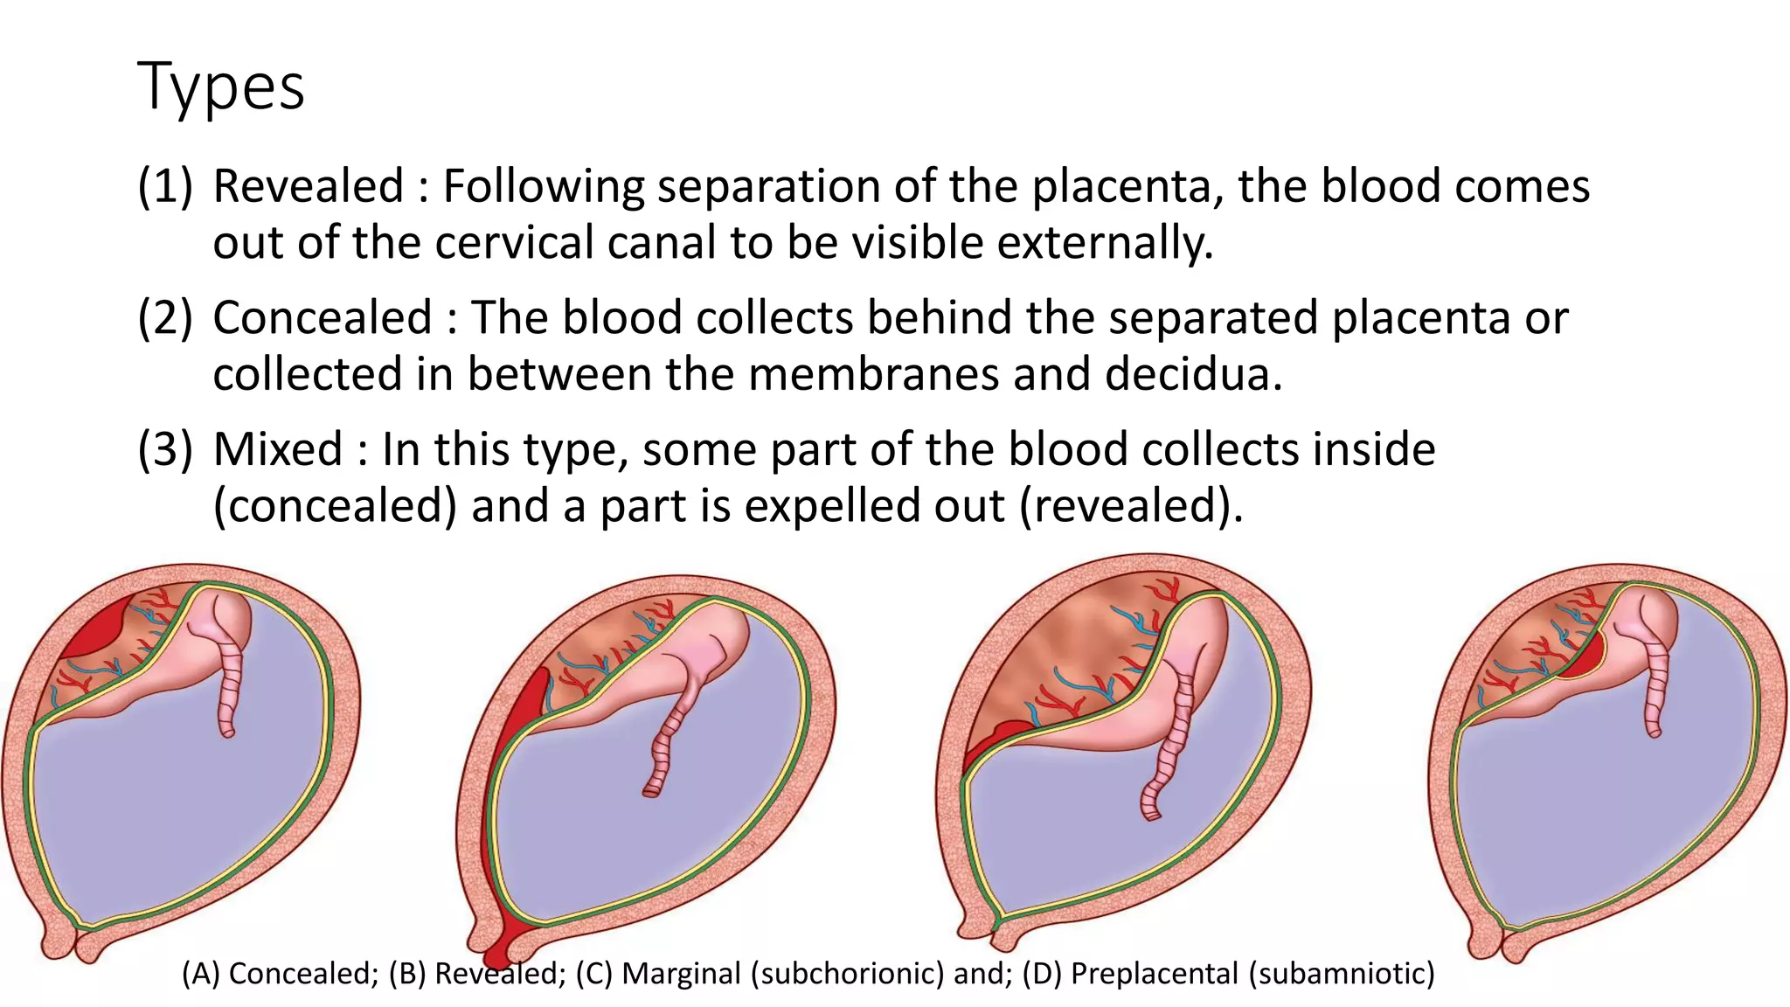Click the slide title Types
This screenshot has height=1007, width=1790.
(221, 87)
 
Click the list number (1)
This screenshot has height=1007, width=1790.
(165, 186)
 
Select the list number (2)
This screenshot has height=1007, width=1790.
(165, 317)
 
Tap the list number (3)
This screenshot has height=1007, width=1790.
(165, 449)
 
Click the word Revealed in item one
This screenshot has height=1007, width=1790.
(309, 186)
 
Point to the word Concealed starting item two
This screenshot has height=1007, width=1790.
(323, 317)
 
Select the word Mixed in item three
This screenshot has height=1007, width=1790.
(278, 449)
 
